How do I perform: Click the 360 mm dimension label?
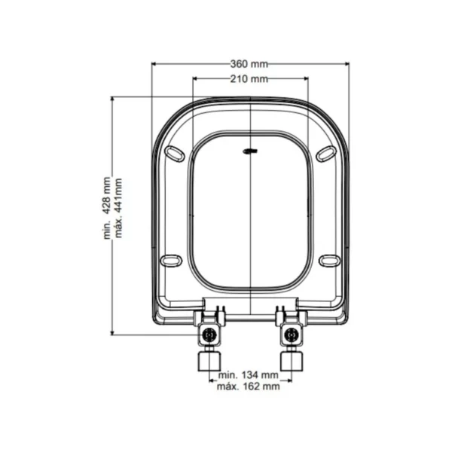pos(249,64)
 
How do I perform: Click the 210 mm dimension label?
pos(249,78)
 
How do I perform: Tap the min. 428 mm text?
pos(107,208)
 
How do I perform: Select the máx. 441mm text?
pos(118,208)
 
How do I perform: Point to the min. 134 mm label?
pos(249,375)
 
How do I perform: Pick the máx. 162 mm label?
pos(248,386)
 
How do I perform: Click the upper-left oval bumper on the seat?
pos(175,154)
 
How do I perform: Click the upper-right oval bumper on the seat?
pos(327,154)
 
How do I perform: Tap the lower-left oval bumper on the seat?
pos(171,261)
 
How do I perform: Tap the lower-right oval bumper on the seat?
pos(330,261)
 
